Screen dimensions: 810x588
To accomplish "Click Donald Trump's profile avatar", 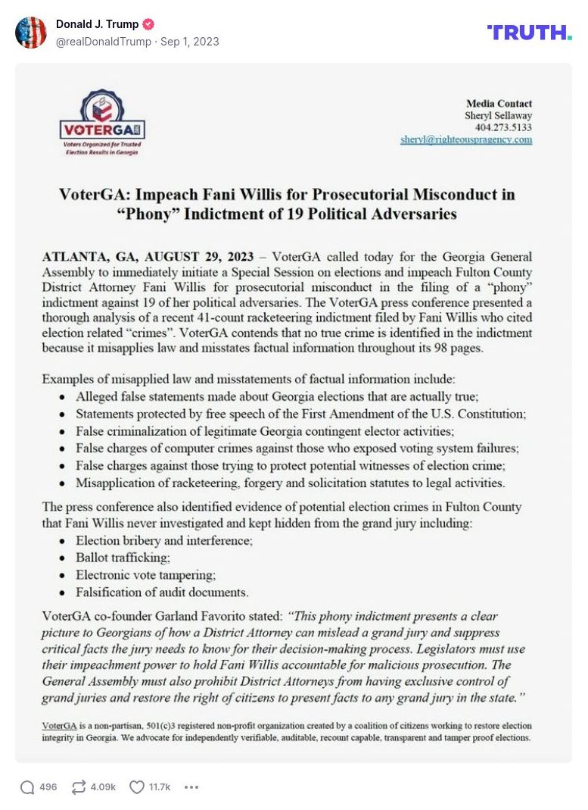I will [x=31, y=33].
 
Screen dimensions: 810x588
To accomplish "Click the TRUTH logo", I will [x=529, y=32].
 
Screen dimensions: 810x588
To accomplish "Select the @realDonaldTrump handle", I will [x=103, y=42].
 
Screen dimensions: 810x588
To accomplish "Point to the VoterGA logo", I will [x=101, y=123].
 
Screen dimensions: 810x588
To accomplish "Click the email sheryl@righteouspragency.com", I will [x=466, y=139].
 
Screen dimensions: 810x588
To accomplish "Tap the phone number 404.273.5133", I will [x=503, y=127].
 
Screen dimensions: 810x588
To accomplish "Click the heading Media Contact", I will [x=499, y=104].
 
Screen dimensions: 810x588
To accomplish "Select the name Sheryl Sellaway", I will [x=498, y=115].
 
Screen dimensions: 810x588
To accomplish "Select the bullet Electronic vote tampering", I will [x=145, y=574].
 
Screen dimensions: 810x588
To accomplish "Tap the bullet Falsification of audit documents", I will [x=162, y=592].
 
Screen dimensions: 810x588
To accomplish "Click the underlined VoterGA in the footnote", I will [x=58, y=725].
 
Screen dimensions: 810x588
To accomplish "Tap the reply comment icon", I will [x=27, y=787].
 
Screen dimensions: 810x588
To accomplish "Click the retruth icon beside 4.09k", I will [x=79, y=787].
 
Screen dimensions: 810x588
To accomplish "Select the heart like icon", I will [x=137, y=787].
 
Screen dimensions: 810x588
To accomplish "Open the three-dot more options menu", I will [x=191, y=787].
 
